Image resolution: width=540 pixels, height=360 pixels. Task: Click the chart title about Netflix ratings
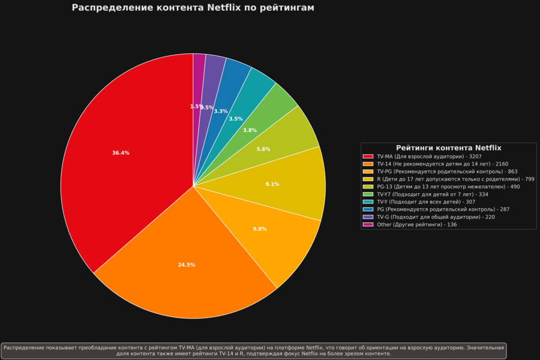click(193, 8)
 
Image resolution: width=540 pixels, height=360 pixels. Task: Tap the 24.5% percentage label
click(187, 265)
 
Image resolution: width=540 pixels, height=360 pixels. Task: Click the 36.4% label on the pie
click(121, 153)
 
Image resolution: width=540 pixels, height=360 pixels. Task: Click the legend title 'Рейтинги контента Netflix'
click(448, 148)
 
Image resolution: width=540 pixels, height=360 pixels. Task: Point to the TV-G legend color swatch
click(368, 217)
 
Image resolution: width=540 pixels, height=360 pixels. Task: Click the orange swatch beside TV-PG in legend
click(368, 172)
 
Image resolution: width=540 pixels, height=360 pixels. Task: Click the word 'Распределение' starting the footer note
click(23, 347)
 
